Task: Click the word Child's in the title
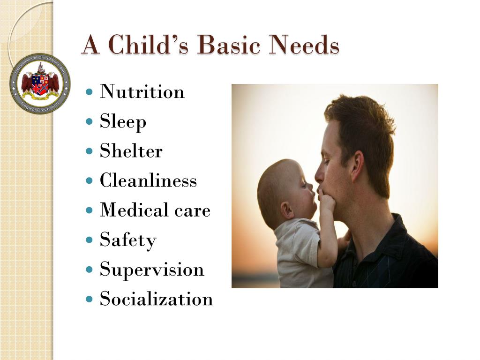[x=150, y=46]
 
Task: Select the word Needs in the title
[x=304, y=46]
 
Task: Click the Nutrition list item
[x=142, y=91]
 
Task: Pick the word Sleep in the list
[x=123, y=121]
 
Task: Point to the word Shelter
[x=131, y=151]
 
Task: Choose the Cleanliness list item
[x=148, y=180]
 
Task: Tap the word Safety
[x=127, y=240]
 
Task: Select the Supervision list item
[x=152, y=270]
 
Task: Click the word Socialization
[x=156, y=299]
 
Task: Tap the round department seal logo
[x=40, y=84]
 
